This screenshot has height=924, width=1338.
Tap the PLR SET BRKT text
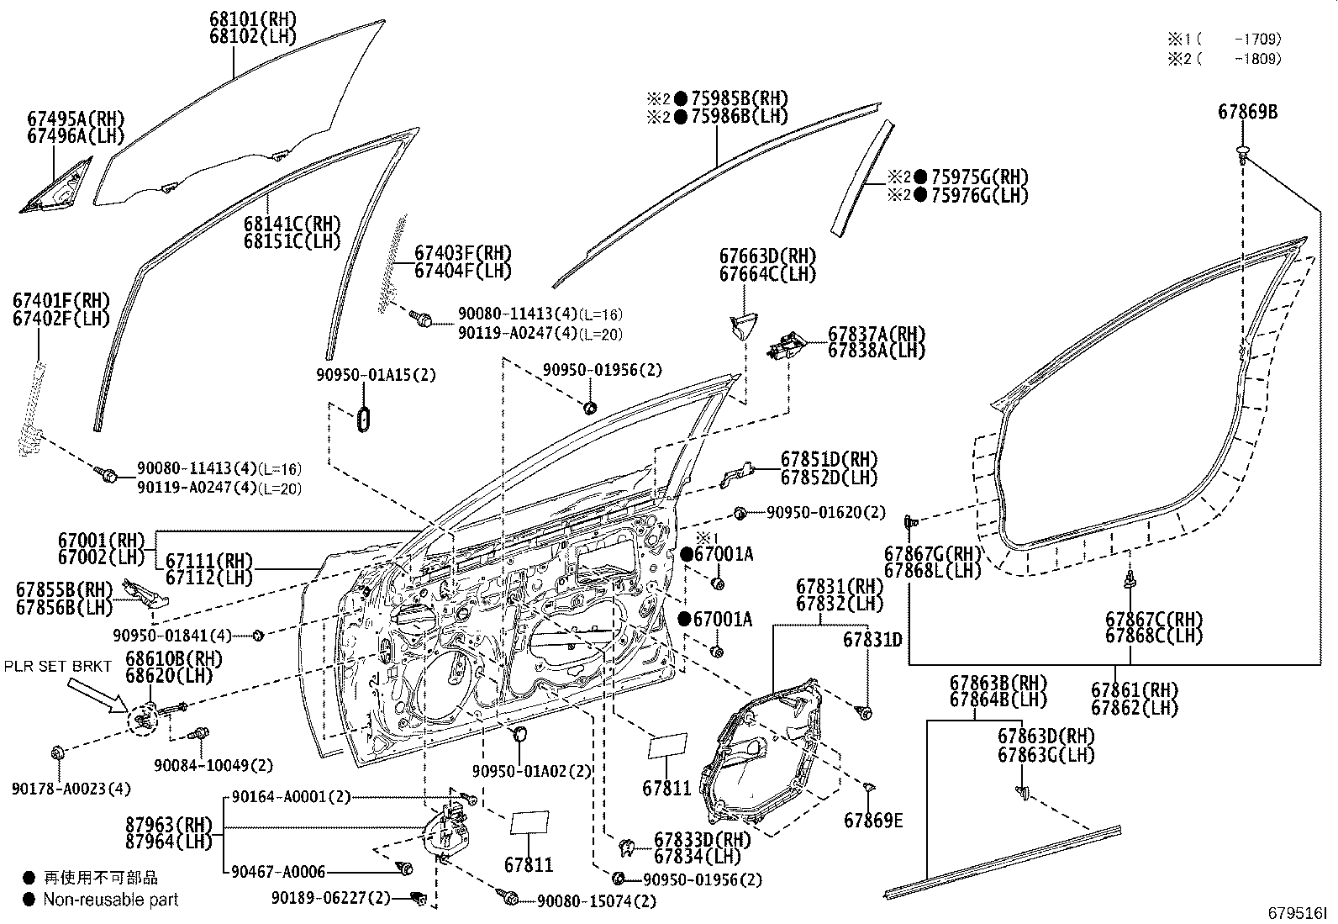click(57, 666)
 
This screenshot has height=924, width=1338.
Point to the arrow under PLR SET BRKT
click(97, 695)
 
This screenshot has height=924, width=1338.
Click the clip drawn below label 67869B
click(1243, 153)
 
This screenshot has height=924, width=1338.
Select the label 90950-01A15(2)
click(376, 375)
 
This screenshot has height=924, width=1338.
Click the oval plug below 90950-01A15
click(364, 420)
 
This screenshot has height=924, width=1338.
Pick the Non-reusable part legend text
click(111, 900)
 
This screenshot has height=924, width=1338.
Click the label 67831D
click(872, 640)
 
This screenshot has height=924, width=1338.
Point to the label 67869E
click(874, 820)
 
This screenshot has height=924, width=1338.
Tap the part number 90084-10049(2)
click(213, 765)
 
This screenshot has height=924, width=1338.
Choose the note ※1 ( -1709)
click(1223, 39)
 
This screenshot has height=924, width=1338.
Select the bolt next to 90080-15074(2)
click(509, 898)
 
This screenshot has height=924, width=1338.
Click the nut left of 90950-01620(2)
click(740, 512)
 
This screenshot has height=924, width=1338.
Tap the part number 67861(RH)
click(1135, 690)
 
